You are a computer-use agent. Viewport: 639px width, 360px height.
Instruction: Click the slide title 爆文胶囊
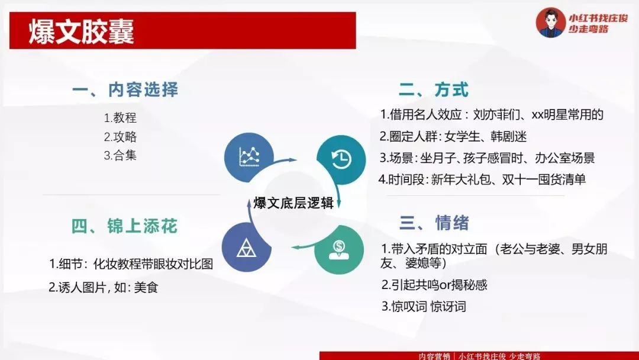click(82, 31)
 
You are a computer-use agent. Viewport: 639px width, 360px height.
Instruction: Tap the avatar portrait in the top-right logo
click(550, 22)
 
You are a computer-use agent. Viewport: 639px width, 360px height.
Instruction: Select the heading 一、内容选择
click(125, 89)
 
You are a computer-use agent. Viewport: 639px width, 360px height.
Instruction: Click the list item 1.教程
click(120, 118)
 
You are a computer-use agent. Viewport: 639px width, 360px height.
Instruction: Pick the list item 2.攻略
click(120, 137)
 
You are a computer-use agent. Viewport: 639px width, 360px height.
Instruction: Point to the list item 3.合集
click(120, 156)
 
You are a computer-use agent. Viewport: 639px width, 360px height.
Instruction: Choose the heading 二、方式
click(434, 89)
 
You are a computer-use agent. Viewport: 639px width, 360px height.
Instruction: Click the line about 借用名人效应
click(492, 114)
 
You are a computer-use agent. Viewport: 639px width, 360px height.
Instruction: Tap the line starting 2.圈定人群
click(453, 136)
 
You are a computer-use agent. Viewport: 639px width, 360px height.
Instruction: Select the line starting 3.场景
click(487, 157)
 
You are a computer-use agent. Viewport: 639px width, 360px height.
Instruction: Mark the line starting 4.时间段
click(482, 179)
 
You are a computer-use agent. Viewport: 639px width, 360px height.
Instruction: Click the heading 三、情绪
click(434, 223)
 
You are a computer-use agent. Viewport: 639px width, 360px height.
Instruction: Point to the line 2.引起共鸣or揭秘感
click(434, 285)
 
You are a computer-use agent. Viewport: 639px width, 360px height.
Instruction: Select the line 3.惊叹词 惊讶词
click(424, 306)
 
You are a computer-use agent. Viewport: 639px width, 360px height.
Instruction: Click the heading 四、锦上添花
click(124, 226)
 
